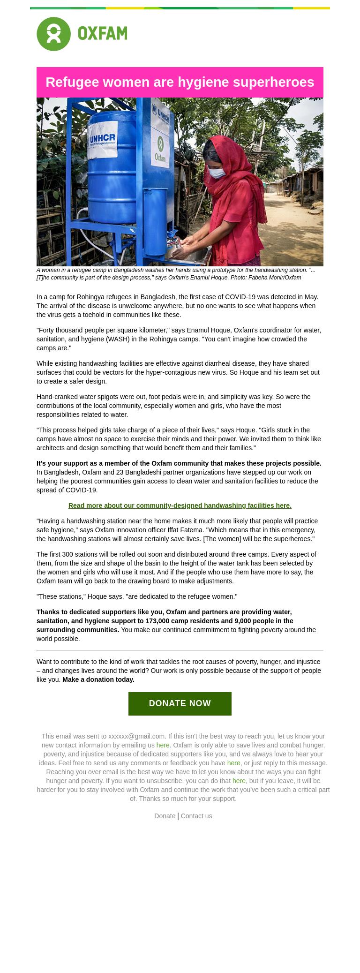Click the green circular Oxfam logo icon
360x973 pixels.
click(53, 34)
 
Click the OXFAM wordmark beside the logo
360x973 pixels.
click(102, 34)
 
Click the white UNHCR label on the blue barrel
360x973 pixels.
click(103, 140)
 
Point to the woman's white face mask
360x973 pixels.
click(217, 173)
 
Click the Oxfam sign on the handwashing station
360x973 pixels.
click(160, 149)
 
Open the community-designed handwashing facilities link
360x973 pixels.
click(180, 505)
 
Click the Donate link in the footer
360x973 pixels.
click(165, 816)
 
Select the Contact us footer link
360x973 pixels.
click(196, 816)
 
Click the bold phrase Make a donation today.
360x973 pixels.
click(98, 679)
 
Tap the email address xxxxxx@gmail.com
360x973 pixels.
click(136, 736)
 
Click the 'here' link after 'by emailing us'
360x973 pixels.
click(163, 745)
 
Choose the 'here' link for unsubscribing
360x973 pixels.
click(239, 781)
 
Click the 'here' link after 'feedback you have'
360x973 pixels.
click(233, 763)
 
